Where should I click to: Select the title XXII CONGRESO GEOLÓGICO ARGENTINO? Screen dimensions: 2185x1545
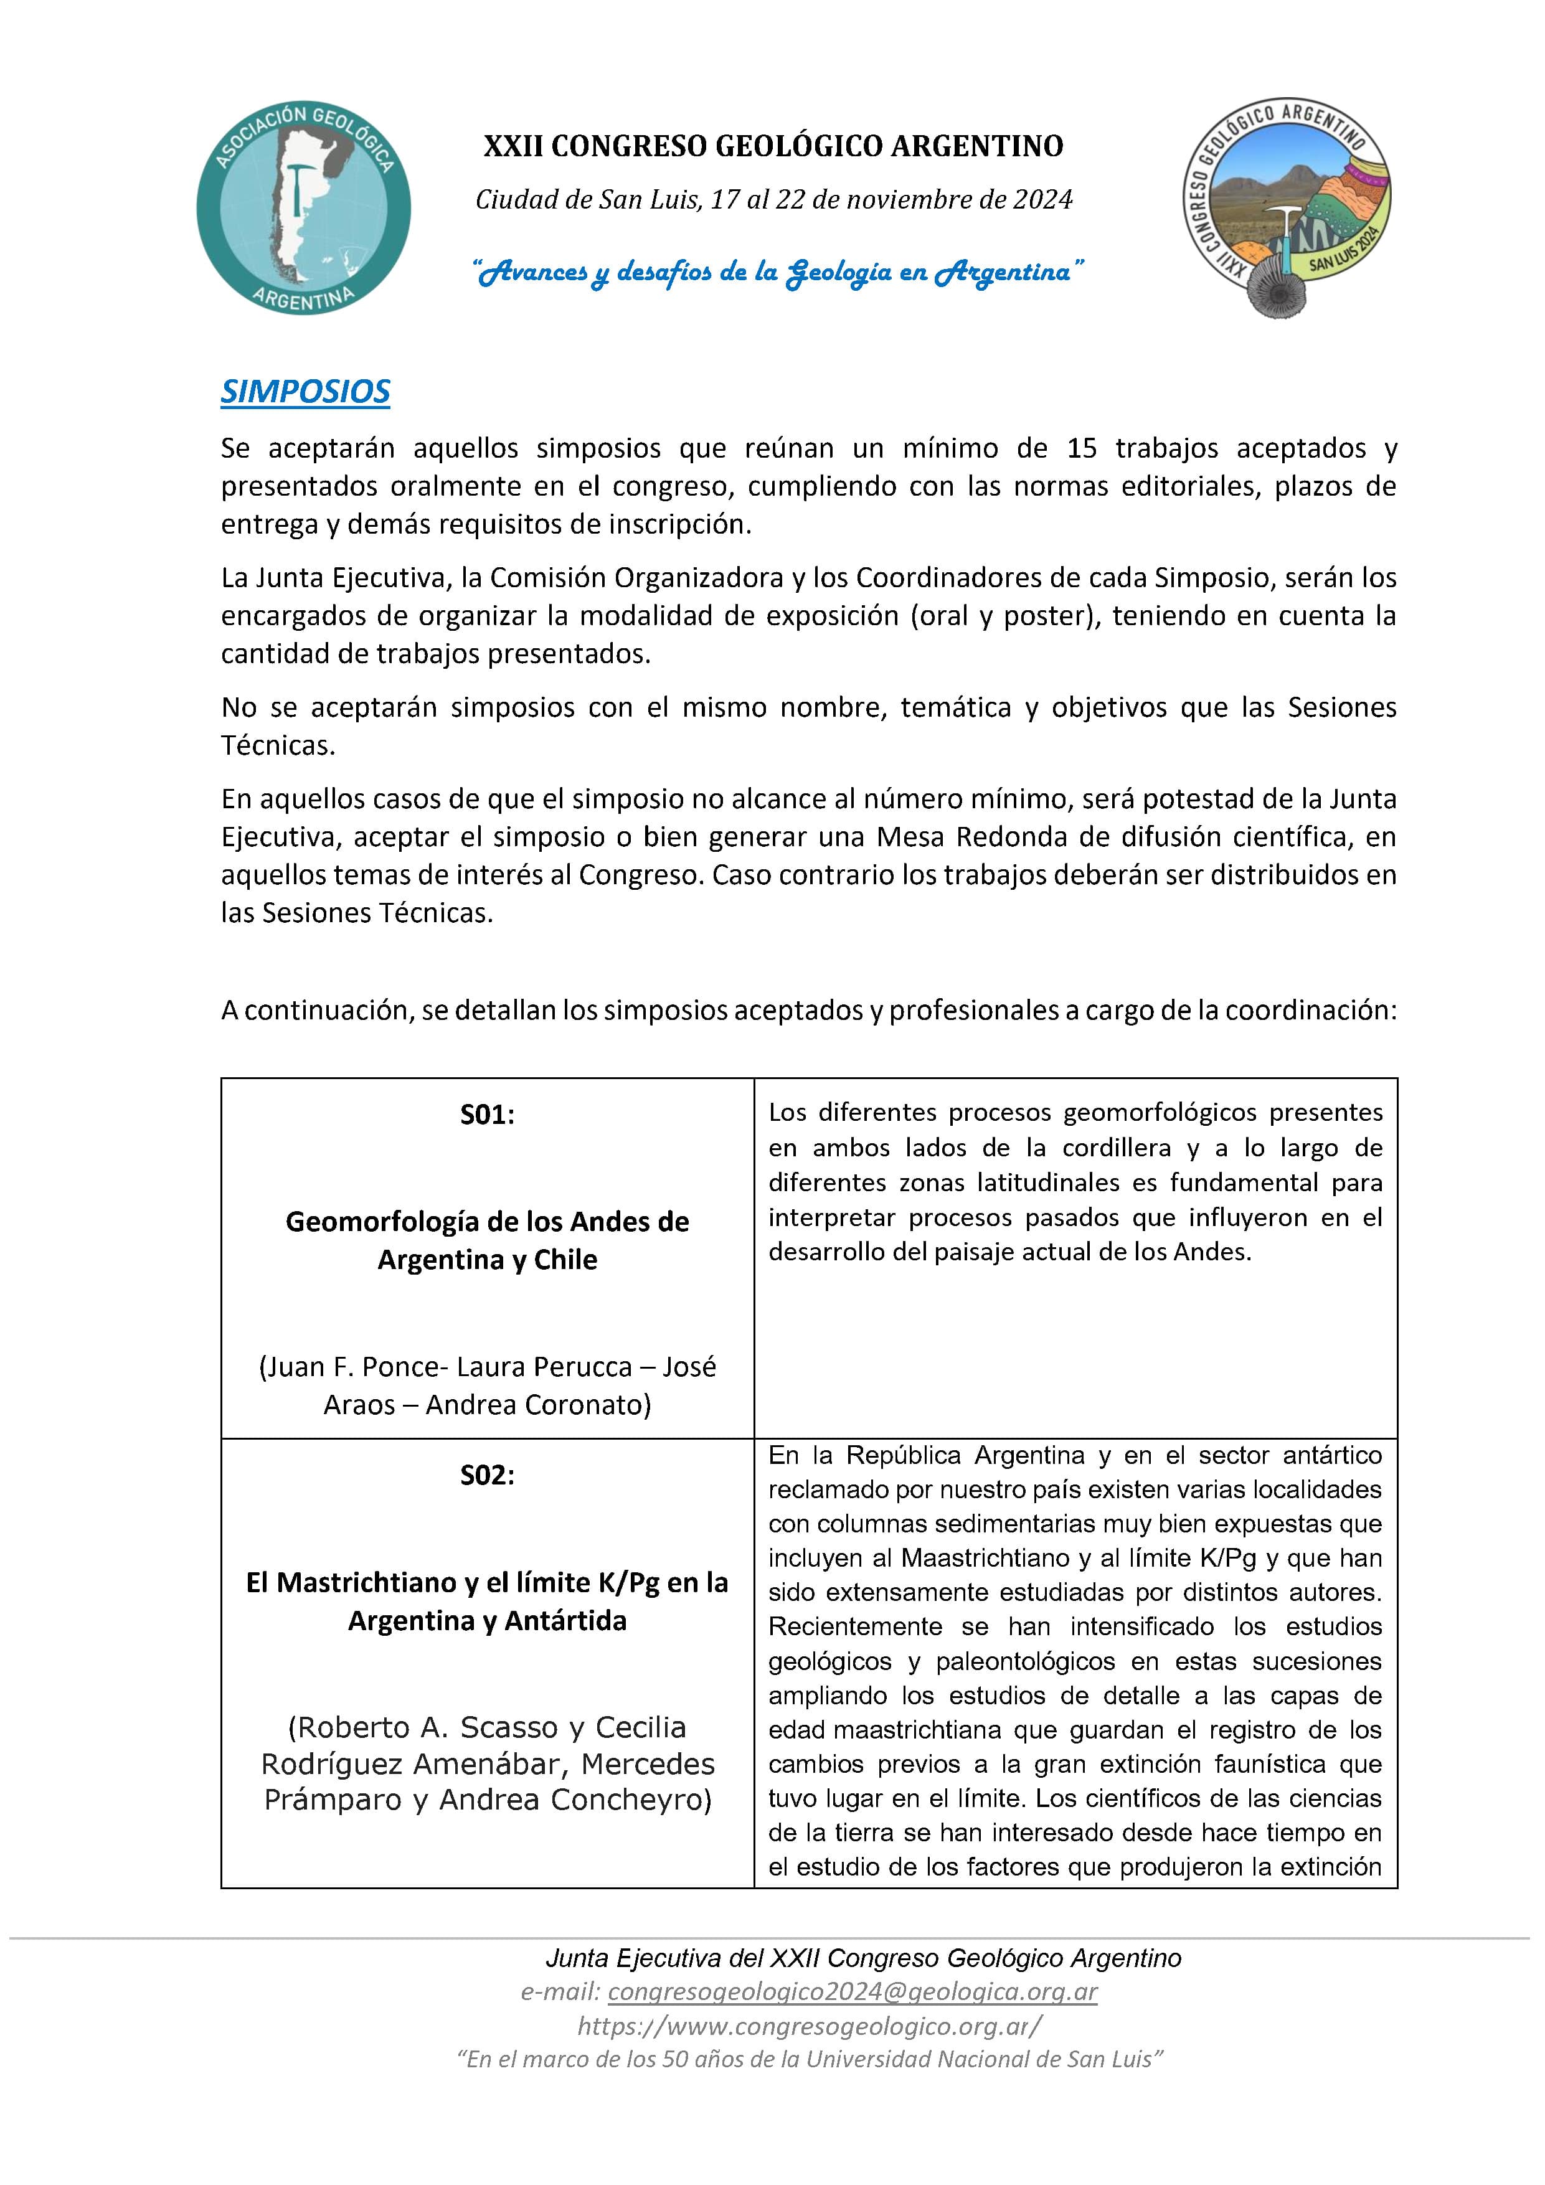point(773,146)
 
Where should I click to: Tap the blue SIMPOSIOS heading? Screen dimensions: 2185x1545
point(306,391)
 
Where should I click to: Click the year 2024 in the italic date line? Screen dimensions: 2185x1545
point(1042,200)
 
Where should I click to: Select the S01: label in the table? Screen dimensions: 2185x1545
point(488,1115)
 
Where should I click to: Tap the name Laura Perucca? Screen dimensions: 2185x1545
point(544,1367)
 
